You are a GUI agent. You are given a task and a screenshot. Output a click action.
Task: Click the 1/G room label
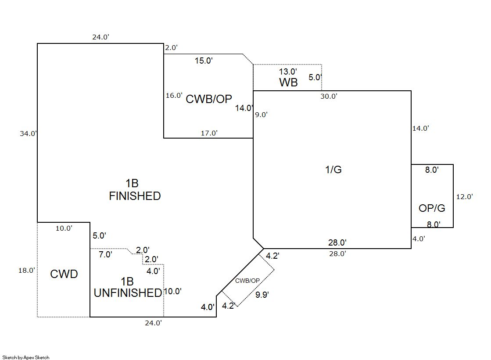pyautogui.click(x=333, y=170)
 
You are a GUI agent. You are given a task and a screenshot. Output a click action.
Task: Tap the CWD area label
pyautogui.click(x=64, y=274)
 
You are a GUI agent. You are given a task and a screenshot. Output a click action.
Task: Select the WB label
pyautogui.click(x=288, y=82)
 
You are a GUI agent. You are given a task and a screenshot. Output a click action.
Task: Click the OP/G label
pyautogui.click(x=432, y=208)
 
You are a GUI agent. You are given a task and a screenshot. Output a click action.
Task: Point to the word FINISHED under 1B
pyautogui.click(x=135, y=196)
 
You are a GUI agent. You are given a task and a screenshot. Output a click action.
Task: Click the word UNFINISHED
pyautogui.click(x=128, y=293)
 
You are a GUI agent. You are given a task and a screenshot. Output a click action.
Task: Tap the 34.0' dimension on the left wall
pyautogui.click(x=28, y=134)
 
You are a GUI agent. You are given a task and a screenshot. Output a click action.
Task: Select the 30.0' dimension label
pyautogui.click(x=329, y=96)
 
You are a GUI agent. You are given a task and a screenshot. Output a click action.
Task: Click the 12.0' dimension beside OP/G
pyautogui.click(x=464, y=197)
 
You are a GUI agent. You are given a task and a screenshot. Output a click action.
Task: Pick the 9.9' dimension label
pyautogui.click(x=262, y=295)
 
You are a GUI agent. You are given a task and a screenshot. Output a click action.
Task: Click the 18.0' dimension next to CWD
pyautogui.click(x=26, y=271)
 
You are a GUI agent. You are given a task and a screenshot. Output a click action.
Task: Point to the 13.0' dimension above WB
pyautogui.click(x=288, y=71)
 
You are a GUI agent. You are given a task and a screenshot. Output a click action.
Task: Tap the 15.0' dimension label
pyautogui.click(x=204, y=61)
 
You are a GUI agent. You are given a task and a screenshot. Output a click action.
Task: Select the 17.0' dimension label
pyautogui.click(x=209, y=133)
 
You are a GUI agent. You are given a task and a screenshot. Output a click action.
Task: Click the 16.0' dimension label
pyautogui.click(x=174, y=95)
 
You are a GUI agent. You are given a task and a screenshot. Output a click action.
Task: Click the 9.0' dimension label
pyautogui.click(x=262, y=115)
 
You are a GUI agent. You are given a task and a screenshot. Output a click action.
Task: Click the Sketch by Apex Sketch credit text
pyautogui.click(x=26, y=357)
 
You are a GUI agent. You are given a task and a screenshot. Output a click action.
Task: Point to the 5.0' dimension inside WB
pyautogui.click(x=315, y=78)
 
